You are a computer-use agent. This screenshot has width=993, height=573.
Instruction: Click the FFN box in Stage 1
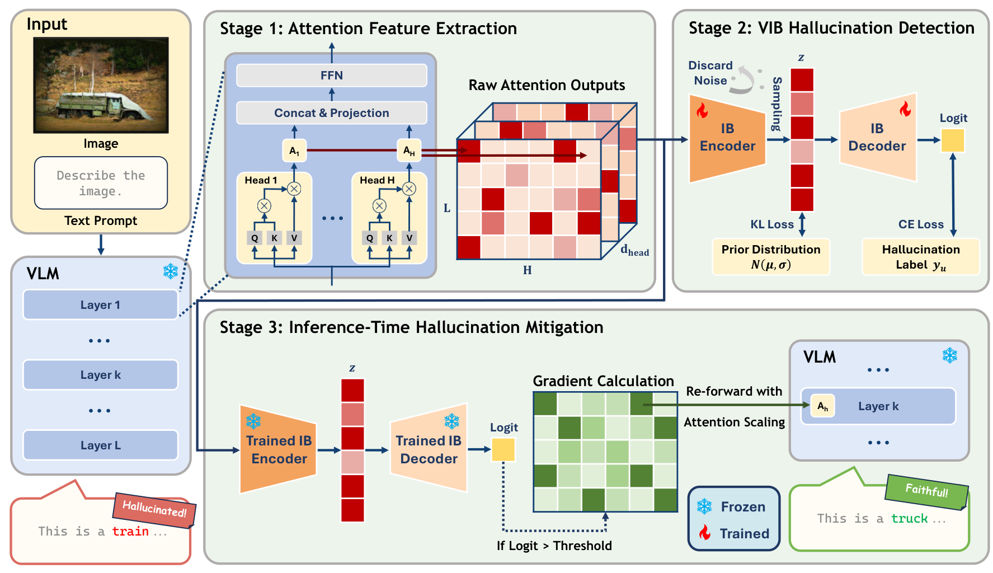click(331, 76)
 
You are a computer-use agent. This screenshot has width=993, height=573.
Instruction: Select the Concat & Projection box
click(331, 113)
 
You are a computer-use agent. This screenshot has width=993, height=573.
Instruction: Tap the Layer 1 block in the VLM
click(100, 305)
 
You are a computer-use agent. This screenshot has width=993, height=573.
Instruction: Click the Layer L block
click(100, 445)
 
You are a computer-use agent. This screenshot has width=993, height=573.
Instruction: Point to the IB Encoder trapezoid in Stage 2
click(727, 138)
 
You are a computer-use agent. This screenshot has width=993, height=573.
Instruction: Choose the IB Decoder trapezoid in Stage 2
click(877, 138)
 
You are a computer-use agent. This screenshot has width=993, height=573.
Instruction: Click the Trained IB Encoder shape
click(279, 450)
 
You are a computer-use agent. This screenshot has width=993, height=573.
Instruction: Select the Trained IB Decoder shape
click(429, 450)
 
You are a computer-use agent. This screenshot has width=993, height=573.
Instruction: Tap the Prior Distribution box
click(770, 257)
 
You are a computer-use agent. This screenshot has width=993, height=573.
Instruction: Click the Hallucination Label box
click(920, 257)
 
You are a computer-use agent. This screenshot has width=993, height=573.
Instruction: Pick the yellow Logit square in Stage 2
click(953, 140)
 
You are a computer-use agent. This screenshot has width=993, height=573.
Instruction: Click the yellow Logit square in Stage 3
click(503, 450)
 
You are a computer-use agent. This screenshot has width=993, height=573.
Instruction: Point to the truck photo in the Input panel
click(101, 85)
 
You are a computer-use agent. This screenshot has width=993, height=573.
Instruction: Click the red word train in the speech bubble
click(130, 532)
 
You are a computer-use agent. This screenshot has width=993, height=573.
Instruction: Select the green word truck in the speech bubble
click(909, 519)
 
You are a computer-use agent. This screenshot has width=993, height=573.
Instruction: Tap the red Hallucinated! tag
click(154, 509)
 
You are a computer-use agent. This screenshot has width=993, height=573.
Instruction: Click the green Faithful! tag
click(926, 491)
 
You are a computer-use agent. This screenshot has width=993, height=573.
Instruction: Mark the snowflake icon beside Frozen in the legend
click(704, 507)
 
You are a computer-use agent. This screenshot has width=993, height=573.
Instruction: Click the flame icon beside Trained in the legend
click(705, 533)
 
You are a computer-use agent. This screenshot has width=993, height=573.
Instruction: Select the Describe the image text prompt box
click(101, 183)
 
